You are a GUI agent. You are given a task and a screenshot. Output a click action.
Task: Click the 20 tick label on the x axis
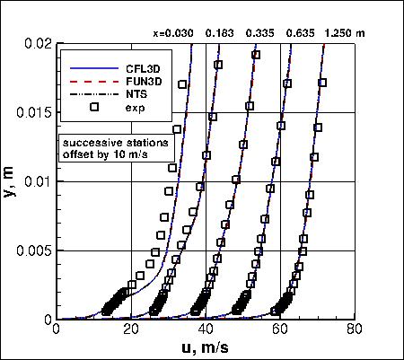tap(131, 331)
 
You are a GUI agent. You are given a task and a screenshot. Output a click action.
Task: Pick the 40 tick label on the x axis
tap(206, 331)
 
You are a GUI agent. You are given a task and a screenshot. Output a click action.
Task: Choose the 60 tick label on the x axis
tap(281, 331)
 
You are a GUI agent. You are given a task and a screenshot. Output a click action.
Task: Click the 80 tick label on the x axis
tap(356, 331)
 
